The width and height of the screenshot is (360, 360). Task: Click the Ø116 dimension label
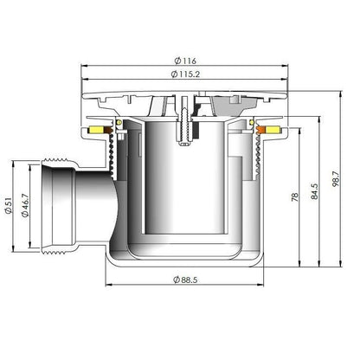click(185, 61)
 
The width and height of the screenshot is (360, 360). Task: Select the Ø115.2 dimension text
click(185, 74)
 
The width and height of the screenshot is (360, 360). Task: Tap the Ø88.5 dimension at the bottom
click(185, 280)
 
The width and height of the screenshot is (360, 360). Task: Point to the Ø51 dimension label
click(9, 205)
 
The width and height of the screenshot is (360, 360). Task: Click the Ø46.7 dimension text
click(25, 205)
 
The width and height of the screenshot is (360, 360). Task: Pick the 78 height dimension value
click(295, 197)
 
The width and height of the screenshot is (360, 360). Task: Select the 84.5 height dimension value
click(314, 191)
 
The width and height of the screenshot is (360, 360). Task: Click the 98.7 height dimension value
click(336, 179)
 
